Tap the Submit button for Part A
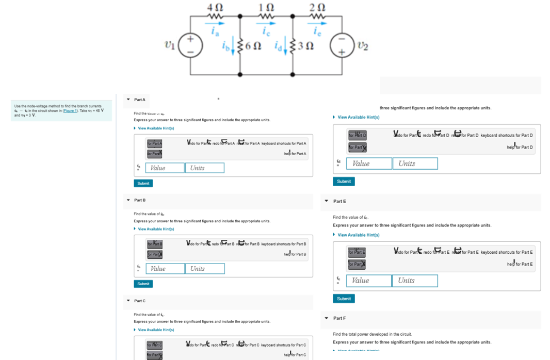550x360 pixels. (x=143, y=183)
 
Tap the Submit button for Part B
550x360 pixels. (x=143, y=284)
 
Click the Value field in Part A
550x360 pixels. (x=165, y=168)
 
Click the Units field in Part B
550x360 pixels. (x=205, y=269)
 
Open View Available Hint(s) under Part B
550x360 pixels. (x=156, y=229)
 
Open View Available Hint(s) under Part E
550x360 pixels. (x=359, y=235)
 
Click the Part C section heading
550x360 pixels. (x=140, y=301)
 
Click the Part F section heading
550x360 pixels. (x=339, y=318)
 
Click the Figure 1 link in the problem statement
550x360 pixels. (x=71, y=110)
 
